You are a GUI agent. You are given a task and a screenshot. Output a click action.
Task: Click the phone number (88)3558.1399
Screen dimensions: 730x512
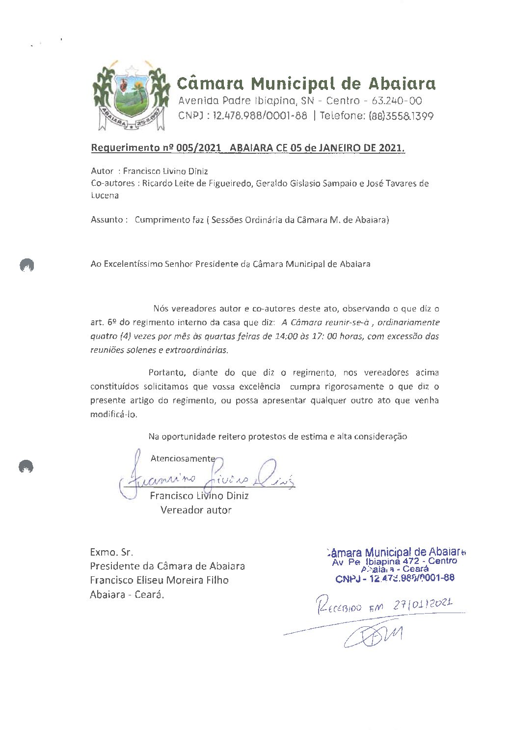click(401, 116)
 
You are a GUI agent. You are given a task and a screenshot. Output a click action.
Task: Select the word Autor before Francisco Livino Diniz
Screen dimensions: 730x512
click(102, 171)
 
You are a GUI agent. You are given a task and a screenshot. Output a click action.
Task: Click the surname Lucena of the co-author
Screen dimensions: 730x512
click(105, 195)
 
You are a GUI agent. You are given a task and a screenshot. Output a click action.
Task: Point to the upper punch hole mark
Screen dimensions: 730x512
click(26, 265)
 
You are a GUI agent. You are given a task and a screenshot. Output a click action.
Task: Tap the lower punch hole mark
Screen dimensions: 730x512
click(26, 466)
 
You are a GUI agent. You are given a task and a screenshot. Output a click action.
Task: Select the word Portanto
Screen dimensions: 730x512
click(166, 372)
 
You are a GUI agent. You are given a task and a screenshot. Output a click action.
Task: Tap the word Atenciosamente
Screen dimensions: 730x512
click(182, 458)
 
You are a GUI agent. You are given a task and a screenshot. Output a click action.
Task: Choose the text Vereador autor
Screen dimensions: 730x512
click(195, 510)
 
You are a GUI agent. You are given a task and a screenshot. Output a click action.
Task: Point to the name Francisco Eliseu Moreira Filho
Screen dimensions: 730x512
click(159, 580)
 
